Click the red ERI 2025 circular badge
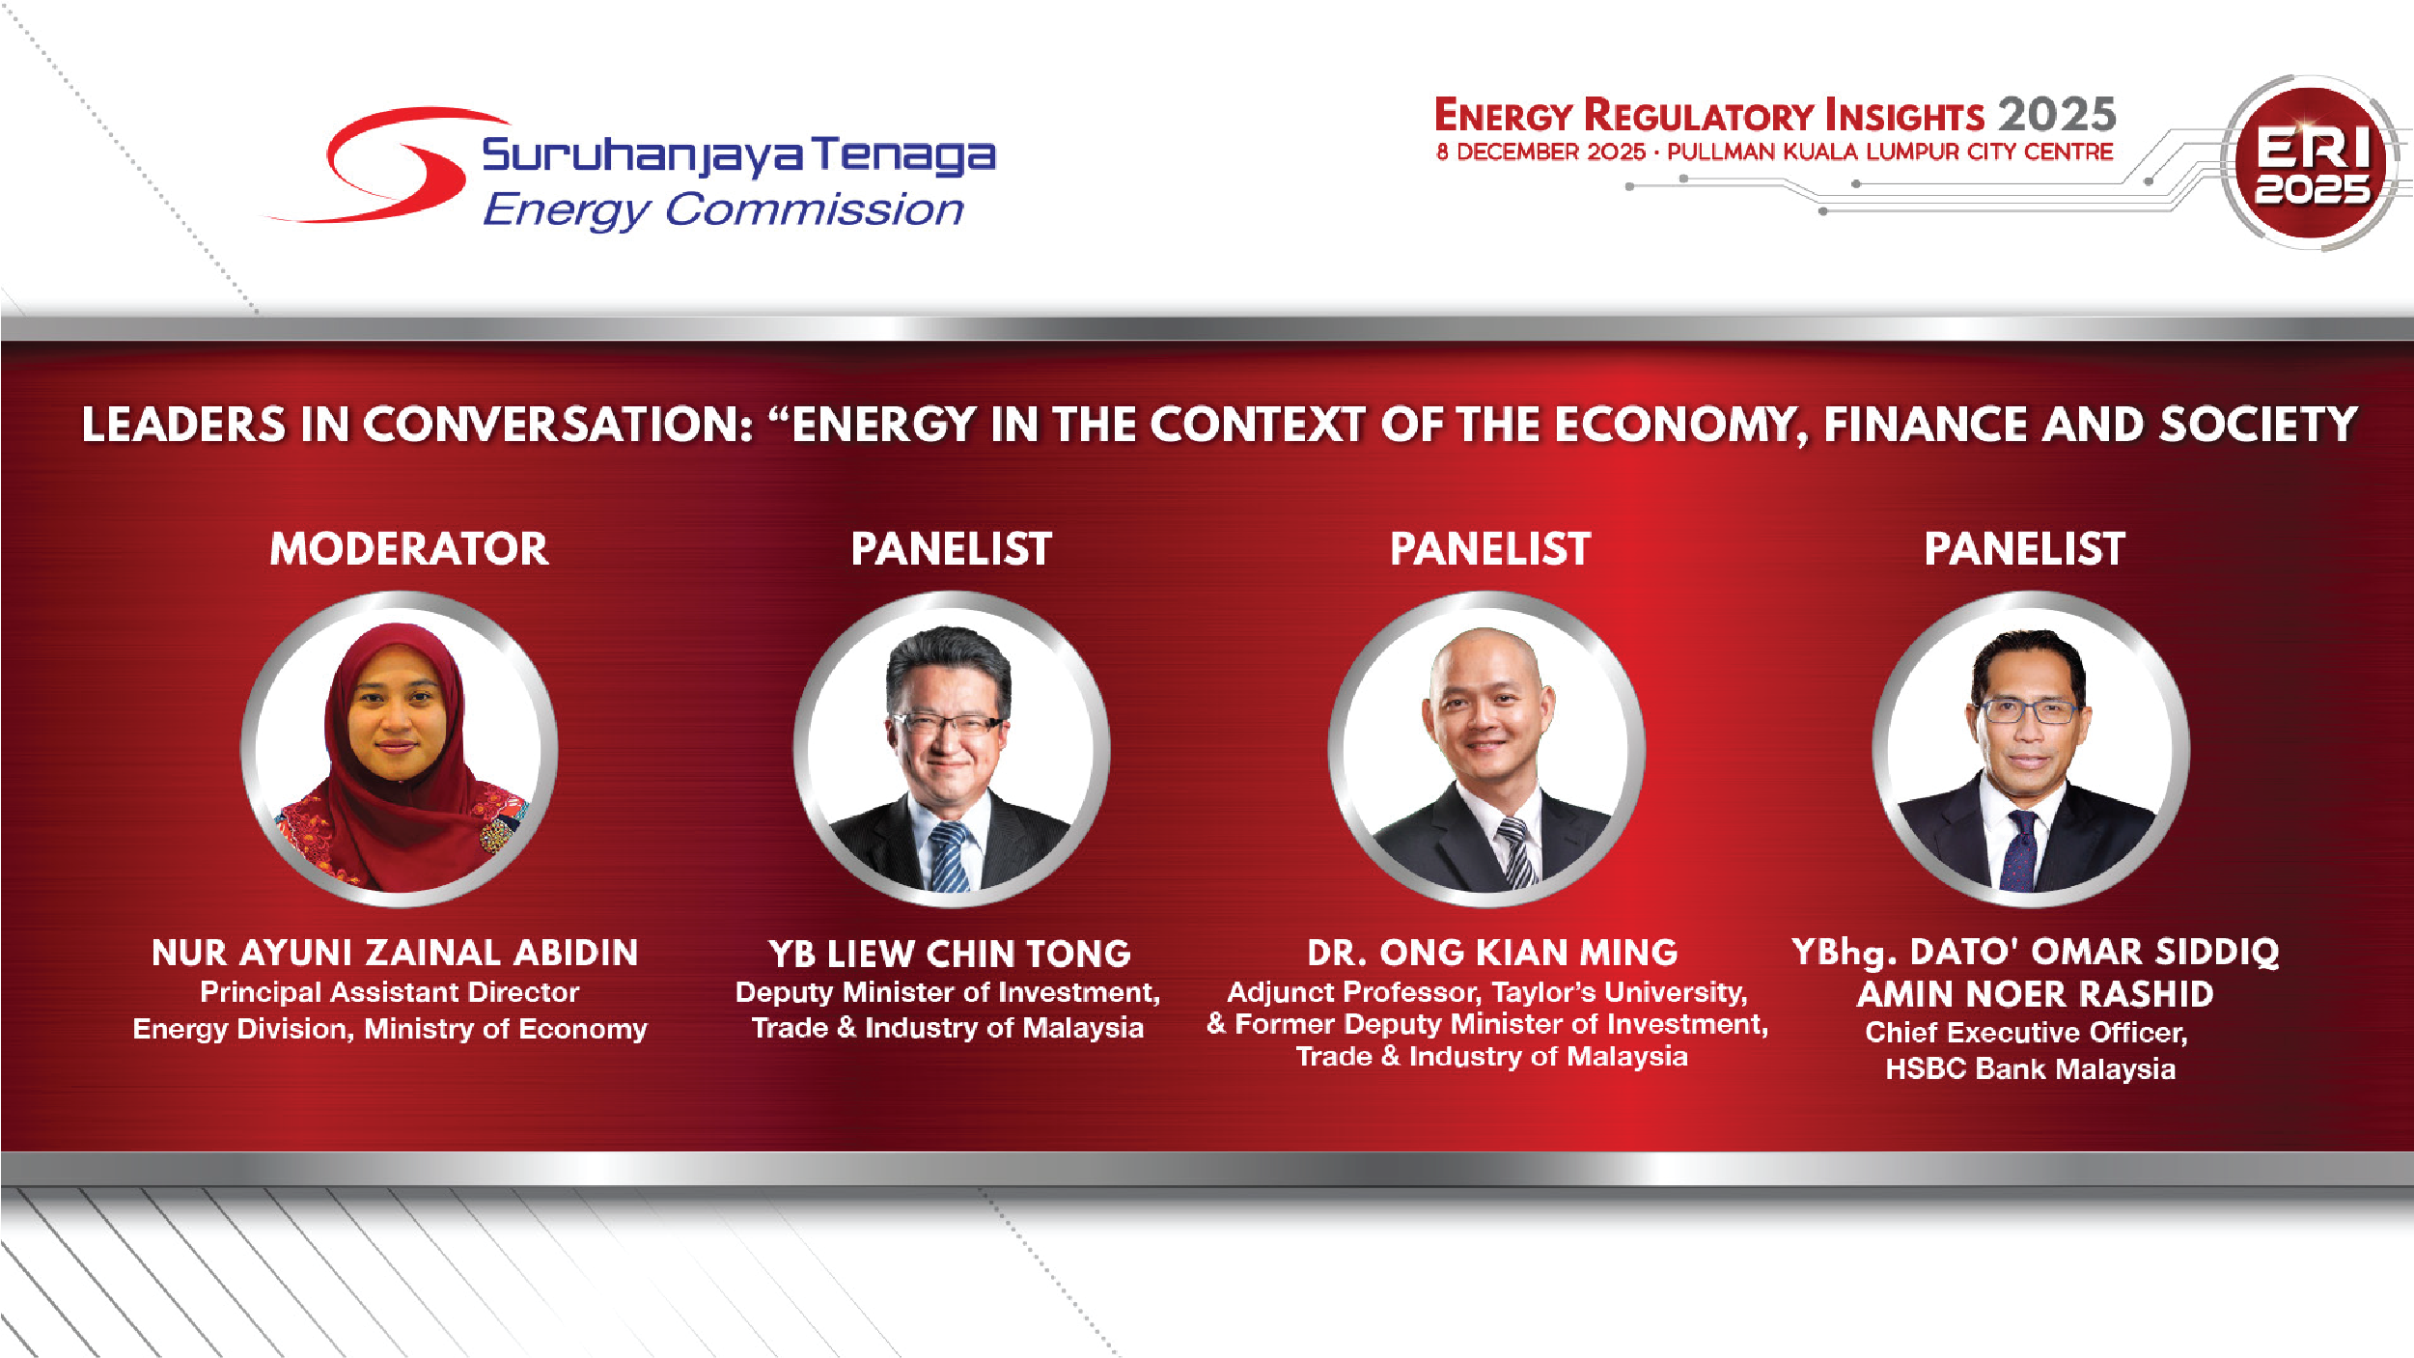pos(2311,163)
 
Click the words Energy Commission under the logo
pos(723,209)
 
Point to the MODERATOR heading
pos(409,549)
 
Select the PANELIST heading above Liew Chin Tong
pos(951,549)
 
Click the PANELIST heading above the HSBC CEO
pos(2024,549)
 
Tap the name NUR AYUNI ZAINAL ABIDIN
pos(395,953)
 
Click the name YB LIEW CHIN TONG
pos(949,954)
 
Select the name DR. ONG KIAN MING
pos(1492,953)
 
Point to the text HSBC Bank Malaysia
pos(2030,1069)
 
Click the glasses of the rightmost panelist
pos(2027,712)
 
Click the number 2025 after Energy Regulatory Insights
pos(2057,115)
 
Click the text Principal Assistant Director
pos(389,992)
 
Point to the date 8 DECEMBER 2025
pos(1540,152)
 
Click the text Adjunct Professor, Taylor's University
pos(1486,992)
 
